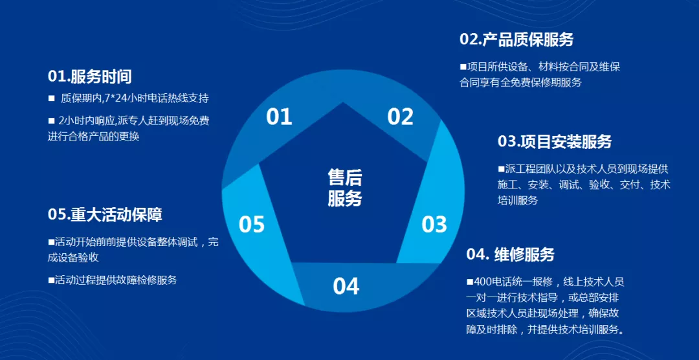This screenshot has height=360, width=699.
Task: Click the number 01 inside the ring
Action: pos(280,117)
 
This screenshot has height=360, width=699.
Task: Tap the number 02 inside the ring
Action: pos(400,117)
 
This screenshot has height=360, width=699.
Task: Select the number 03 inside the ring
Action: pos(434,225)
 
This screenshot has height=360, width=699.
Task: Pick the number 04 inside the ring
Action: pos(346,286)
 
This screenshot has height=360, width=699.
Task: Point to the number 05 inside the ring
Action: pos(252,225)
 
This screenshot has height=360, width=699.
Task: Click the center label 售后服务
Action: pos(344,188)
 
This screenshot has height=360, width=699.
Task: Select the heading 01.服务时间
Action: pos(89,76)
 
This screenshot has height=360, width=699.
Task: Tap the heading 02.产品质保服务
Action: pos(516,39)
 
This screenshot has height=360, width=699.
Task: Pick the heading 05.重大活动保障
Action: pos(105,214)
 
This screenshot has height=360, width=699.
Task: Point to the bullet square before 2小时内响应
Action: pos(51,120)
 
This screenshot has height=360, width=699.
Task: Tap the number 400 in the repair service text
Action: pos(483,282)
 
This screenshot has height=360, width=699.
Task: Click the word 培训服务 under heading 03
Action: pos(518,200)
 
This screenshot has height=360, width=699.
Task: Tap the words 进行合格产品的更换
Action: pos(93,136)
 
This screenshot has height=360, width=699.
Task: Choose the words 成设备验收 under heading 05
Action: pos(73,257)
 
